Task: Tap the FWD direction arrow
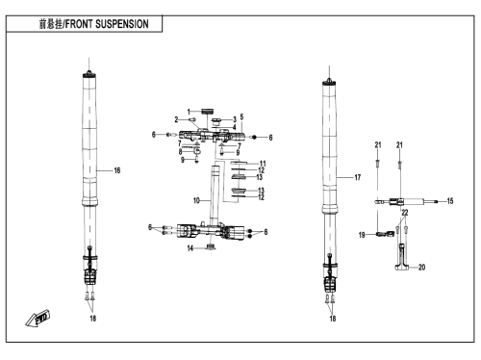(x=38, y=319)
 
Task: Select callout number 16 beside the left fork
(x=117, y=170)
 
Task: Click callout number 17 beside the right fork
(x=358, y=177)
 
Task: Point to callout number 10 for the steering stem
(x=196, y=200)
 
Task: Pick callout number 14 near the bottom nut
(x=190, y=248)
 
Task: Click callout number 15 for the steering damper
(x=450, y=201)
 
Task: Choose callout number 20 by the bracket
(x=421, y=267)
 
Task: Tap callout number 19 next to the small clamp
(x=362, y=235)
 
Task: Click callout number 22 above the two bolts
(x=405, y=213)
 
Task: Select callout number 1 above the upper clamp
(x=189, y=112)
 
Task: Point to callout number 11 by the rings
(x=263, y=164)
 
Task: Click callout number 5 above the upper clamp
(x=241, y=117)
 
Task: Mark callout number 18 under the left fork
(x=92, y=318)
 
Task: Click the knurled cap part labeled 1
(x=208, y=112)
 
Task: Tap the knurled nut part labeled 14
(x=211, y=246)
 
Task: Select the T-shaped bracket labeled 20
(x=402, y=259)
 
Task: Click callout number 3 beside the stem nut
(x=235, y=119)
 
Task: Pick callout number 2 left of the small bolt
(x=176, y=119)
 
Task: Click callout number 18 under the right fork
(x=333, y=318)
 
